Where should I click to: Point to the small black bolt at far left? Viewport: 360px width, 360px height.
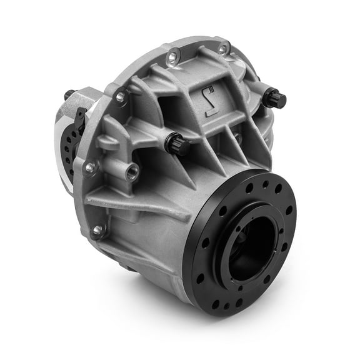68,95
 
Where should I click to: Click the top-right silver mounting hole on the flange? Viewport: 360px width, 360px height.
222,48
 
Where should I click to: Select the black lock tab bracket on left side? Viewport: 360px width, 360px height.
80,119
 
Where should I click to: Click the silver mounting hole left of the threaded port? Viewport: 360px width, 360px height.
91,167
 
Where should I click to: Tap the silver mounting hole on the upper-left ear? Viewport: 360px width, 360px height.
121,97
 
